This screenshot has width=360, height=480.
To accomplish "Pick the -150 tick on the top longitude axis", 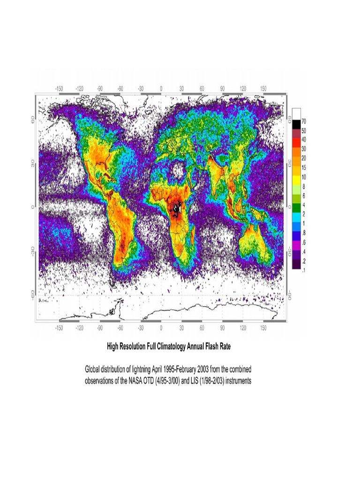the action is (59, 88).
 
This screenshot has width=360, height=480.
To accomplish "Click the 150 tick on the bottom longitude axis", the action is (263, 329).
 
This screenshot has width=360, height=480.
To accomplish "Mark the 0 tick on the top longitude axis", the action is (161, 88).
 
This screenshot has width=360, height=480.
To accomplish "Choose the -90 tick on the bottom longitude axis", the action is (100, 329).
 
